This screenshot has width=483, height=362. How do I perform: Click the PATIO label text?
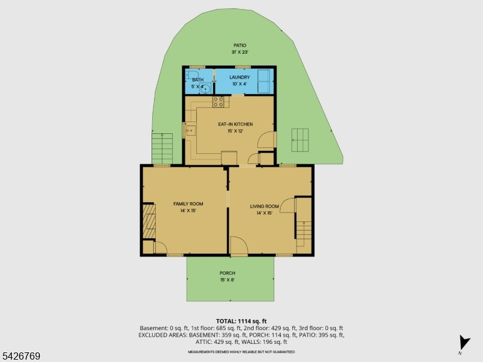240,46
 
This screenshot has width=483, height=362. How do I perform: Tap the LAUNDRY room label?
239,77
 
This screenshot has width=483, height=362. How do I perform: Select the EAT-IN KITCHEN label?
235,124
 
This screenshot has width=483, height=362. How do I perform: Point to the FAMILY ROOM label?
188,204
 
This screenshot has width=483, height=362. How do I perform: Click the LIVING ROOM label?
264,206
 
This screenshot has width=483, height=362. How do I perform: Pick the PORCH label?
228,273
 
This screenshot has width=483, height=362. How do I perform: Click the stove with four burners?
219,102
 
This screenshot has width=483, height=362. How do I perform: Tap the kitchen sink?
190,131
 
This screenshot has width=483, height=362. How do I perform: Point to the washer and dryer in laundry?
264,81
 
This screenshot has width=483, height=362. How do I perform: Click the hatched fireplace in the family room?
149,221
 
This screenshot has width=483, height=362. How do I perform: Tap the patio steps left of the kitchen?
162,148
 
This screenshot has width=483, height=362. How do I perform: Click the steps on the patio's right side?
300,140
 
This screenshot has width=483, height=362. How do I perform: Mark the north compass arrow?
464,343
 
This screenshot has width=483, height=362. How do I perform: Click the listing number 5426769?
20,356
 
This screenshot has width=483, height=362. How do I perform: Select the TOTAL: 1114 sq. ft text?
241,322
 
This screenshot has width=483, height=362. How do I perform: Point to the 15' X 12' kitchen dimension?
235,131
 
